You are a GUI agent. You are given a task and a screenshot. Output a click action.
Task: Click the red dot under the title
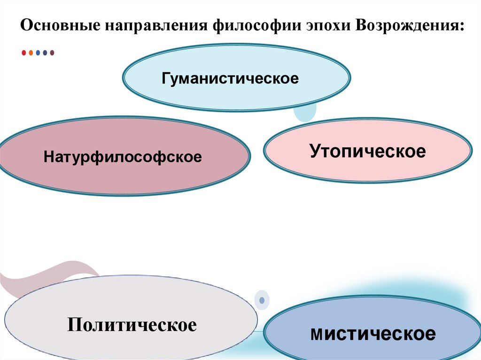pos(24,53)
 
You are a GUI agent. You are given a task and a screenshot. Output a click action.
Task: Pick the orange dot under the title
pos(31,53)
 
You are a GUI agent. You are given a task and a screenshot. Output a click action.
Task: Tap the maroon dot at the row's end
pos(52,53)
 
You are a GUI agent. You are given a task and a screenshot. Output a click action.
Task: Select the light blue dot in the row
pos(38,53)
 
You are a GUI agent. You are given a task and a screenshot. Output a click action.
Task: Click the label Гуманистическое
pos(230,78)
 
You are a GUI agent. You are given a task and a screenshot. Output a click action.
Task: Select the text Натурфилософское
pos(123,156)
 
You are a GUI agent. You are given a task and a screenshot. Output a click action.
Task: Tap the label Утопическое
pos(367,151)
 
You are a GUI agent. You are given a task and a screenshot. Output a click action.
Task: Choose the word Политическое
pos(132,325)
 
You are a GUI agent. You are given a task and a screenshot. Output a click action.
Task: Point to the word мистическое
pos(373,334)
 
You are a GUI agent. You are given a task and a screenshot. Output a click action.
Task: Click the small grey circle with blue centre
pos(262,299)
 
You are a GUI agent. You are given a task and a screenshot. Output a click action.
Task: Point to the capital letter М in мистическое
pos(316,335)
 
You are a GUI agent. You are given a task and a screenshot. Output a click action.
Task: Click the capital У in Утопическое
pos(315,151)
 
